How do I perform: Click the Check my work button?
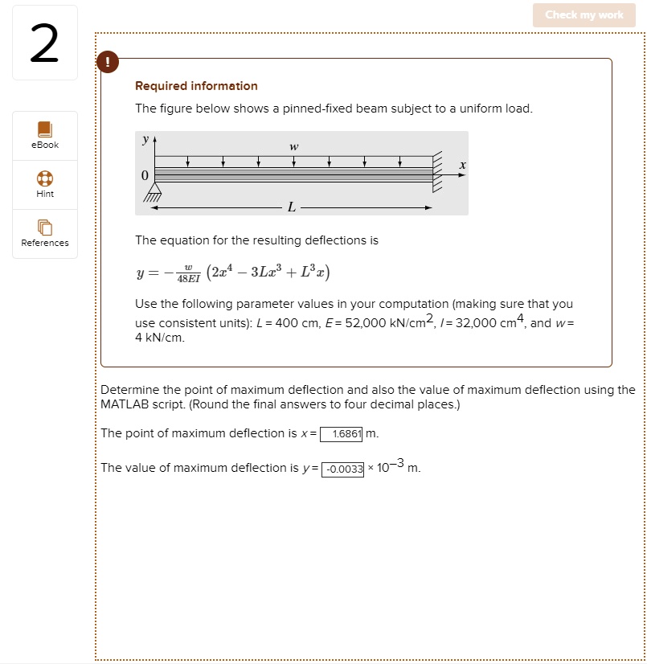pyautogui.click(x=584, y=15)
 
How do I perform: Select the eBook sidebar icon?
pyautogui.click(x=45, y=129)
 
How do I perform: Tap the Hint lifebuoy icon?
pyautogui.click(x=45, y=178)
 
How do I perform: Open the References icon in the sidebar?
pyautogui.click(x=45, y=227)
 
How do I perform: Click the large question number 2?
pyautogui.click(x=45, y=45)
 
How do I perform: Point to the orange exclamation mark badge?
pyautogui.click(x=107, y=62)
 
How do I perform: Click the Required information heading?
pyautogui.click(x=196, y=86)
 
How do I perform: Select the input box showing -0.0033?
pyautogui.click(x=343, y=469)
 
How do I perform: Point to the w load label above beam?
pyautogui.click(x=294, y=146)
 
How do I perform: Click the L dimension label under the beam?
pyautogui.click(x=291, y=208)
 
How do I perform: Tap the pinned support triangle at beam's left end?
pyautogui.click(x=153, y=191)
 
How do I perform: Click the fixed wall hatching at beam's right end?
pyautogui.click(x=438, y=173)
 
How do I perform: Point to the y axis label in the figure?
pyautogui.click(x=145, y=140)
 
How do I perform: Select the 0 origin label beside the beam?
pyautogui.click(x=145, y=175)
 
